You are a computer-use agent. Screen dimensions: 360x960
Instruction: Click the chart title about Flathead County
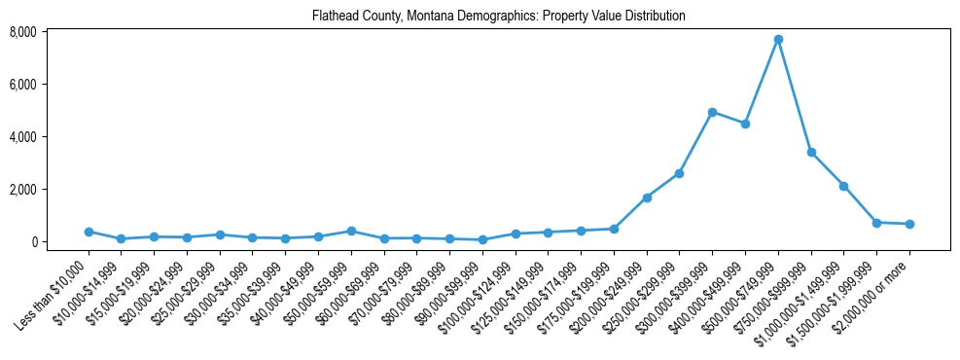coord(499,17)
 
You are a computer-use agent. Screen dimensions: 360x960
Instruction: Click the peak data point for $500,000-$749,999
coord(778,40)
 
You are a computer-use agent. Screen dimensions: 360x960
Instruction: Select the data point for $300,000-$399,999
coord(712,112)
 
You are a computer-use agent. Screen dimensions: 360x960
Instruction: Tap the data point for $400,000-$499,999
coord(745,124)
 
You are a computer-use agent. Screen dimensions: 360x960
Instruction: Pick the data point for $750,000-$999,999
coord(811,153)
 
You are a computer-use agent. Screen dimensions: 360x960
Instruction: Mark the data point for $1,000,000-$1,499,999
coord(843,186)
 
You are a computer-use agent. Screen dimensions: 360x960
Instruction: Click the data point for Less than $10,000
coord(89,232)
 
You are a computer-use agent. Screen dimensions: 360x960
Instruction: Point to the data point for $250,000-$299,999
coord(679,173)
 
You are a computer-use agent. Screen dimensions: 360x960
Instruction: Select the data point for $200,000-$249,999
coord(647,198)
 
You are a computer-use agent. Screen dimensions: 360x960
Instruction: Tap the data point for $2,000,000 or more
coord(909,224)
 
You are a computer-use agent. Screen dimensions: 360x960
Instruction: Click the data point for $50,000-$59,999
coord(351,231)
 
